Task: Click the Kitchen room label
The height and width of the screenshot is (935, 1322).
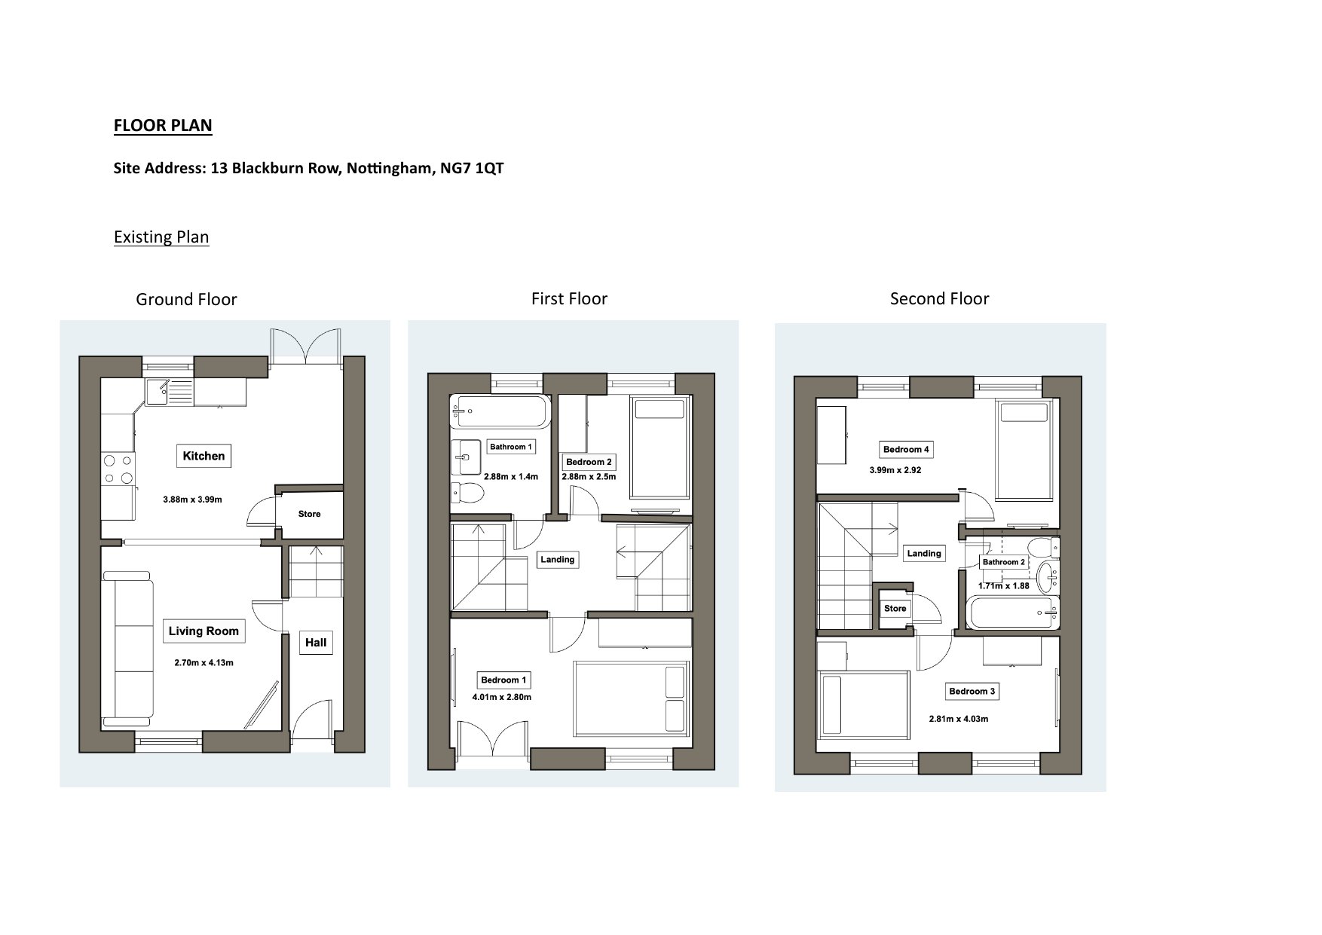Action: (204, 456)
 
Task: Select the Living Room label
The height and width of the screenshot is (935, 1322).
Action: (204, 631)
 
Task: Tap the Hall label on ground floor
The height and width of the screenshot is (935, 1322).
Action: (316, 643)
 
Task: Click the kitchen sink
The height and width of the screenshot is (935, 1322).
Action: (159, 392)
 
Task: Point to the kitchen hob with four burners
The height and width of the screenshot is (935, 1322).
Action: (118, 469)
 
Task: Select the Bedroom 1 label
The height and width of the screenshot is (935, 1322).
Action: (503, 680)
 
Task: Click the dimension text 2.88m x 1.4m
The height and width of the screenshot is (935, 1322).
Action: (511, 477)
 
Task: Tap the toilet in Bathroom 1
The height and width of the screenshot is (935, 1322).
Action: (467, 493)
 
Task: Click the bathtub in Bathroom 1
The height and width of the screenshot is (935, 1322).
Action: (499, 412)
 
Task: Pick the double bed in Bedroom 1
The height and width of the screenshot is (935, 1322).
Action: (632, 698)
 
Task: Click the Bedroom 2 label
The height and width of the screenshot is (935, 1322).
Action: (589, 462)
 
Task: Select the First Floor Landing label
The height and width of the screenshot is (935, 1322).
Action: (558, 559)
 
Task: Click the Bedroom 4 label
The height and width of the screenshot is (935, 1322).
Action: (906, 450)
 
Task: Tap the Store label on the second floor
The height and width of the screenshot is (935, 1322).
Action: (895, 609)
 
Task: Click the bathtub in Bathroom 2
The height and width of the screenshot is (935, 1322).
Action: (1013, 613)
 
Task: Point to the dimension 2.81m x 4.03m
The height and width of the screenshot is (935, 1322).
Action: (958, 719)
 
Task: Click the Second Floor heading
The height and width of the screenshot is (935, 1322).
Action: (939, 299)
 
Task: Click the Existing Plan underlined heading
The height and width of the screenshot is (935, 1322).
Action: (161, 237)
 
